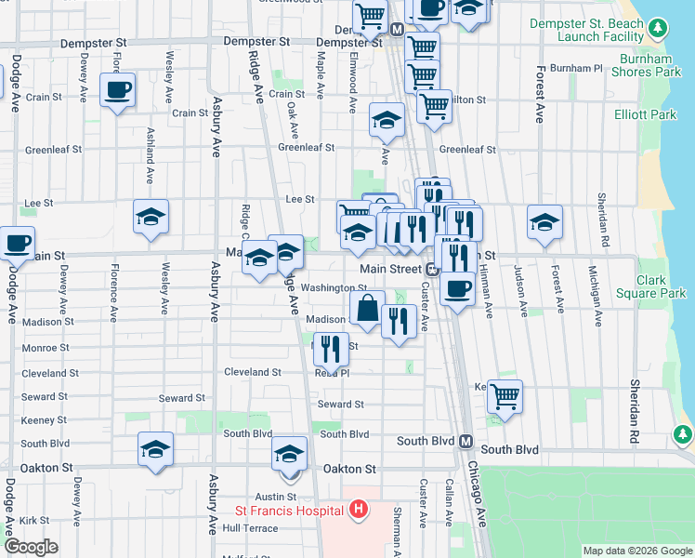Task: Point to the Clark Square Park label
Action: pos(661,286)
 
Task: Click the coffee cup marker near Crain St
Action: pos(118,91)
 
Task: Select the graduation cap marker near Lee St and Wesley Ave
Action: pos(151,218)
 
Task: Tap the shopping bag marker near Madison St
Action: pos(368,308)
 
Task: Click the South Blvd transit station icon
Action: pos(466,441)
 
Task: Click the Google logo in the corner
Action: pos(31,547)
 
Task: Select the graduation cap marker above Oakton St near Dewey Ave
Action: pos(155,449)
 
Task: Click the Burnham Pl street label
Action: pos(576,69)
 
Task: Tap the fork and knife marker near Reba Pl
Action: pos(331,349)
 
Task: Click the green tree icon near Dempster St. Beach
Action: pos(658,29)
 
